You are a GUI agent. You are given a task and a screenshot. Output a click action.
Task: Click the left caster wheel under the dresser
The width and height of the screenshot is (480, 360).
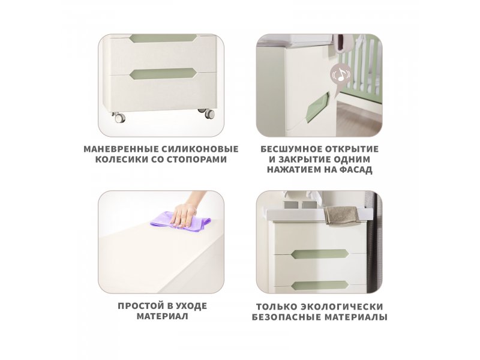pyautogui.click(x=118, y=118)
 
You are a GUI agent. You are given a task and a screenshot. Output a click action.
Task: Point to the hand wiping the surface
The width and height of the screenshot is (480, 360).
pyautogui.click(x=187, y=211)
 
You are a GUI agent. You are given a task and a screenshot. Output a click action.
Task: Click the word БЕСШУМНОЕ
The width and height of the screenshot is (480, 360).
pyautogui.click(x=290, y=149)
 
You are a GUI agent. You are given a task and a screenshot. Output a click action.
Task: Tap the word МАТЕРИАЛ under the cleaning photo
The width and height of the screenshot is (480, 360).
pyautogui.click(x=162, y=316)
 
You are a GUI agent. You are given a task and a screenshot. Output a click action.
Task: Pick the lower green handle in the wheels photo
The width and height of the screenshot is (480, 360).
pyautogui.click(x=163, y=73)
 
